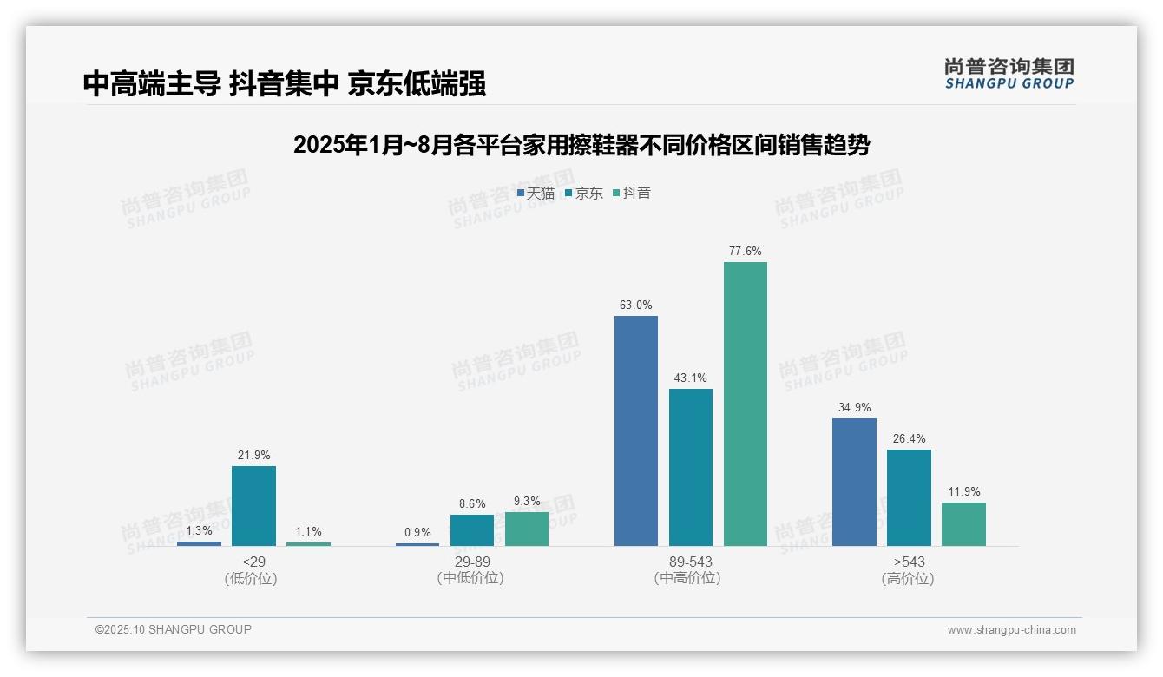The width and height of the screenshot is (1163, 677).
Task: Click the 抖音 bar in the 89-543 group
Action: click(x=745, y=404)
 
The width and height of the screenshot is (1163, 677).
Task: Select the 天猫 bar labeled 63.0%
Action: click(x=635, y=431)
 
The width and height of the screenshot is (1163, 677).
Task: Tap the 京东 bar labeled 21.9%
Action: click(x=253, y=506)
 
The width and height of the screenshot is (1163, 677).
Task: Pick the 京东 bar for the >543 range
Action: click(x=909, y=497)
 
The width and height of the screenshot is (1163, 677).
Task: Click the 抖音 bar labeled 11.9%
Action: click(x=963, y=524)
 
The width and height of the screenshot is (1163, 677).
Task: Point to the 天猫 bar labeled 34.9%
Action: click(x=854, y=482)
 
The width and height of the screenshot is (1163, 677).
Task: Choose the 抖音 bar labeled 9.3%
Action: click(x=527, y=529)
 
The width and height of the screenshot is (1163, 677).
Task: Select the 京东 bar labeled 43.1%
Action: click(x=691, y=467)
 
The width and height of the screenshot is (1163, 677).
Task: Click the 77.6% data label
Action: click(x=745, y=252)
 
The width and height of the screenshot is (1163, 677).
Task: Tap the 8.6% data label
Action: click(x=472, y=503)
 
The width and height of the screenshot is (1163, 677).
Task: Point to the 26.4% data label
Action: click(x=909, y=438)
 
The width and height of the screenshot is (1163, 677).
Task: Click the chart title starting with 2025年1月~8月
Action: click(x=581, y=145)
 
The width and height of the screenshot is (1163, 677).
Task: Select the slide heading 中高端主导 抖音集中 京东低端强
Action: click(x=285, y=83)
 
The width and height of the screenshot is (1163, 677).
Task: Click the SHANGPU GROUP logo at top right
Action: click(x=1009, y=74)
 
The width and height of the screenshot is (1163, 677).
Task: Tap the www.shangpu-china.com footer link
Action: click(x=1011, y=630)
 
